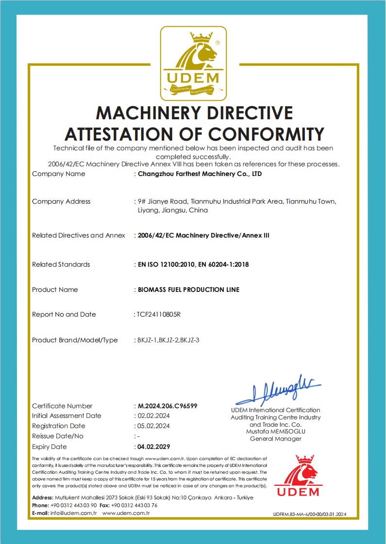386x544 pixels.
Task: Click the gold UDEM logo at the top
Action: [194, 63]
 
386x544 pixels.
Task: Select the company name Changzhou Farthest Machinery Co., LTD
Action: [200, 174]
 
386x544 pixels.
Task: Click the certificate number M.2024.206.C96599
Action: [168, 406]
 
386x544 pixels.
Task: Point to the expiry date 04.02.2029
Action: [153, 447]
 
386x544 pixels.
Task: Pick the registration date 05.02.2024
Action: [153, 426]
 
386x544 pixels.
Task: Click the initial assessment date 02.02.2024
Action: [153, 416]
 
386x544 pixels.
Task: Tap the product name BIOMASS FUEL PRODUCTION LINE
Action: [188, 289]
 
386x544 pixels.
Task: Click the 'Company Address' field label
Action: [61, 201]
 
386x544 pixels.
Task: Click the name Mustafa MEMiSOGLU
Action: [275, 432]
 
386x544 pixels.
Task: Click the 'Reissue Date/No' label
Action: [57, 436]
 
